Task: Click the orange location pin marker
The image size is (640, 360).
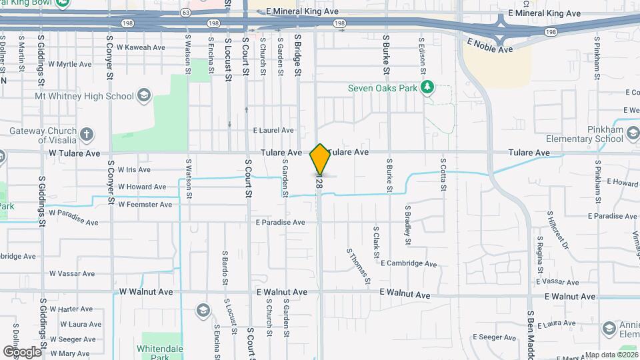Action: (320, 159)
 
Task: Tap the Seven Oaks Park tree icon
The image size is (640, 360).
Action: (429, 87)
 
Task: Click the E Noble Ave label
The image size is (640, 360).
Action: (490, 45)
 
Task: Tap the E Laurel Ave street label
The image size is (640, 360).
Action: (273, 131)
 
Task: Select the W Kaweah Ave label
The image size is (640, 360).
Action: (141, 47)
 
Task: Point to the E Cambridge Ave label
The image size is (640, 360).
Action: (409, 263)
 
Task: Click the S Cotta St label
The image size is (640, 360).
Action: (442, 175)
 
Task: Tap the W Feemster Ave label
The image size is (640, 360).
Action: (145, 205)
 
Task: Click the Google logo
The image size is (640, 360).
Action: (22, 351)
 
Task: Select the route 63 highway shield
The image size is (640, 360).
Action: (185, 11)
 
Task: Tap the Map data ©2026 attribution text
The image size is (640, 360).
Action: (611, 355)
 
